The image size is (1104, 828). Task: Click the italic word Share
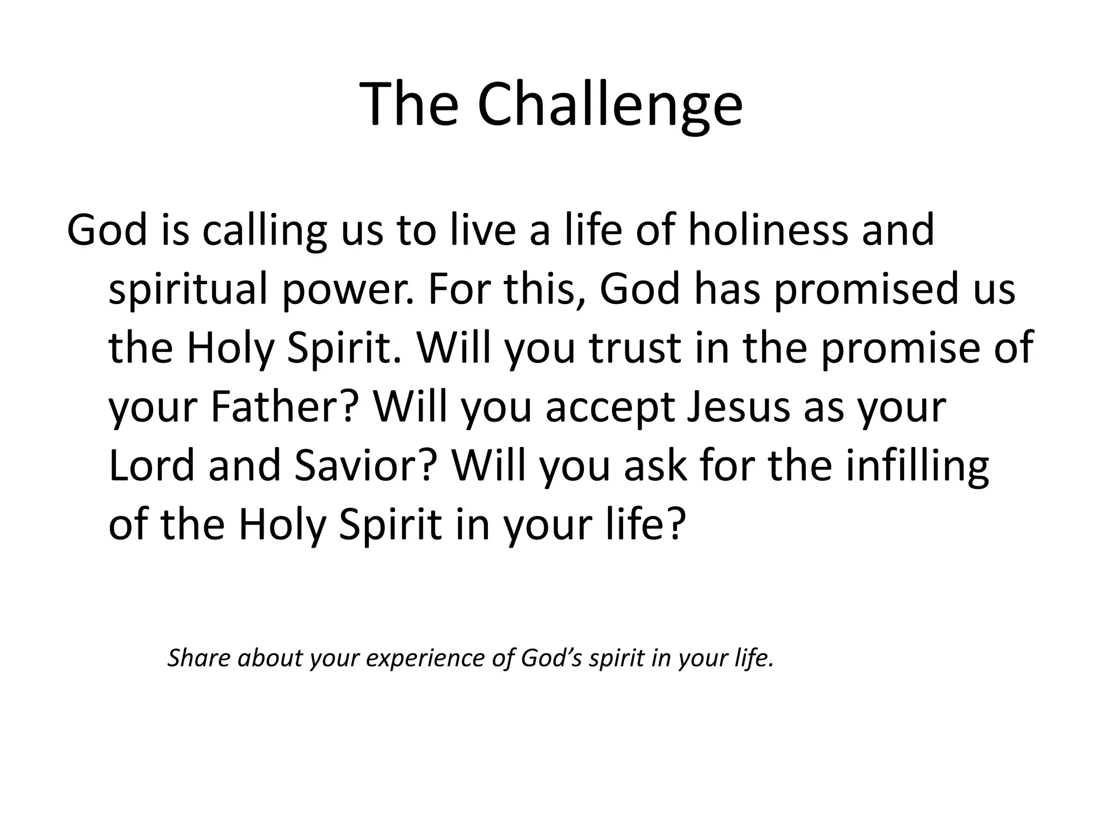point(199,658)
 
